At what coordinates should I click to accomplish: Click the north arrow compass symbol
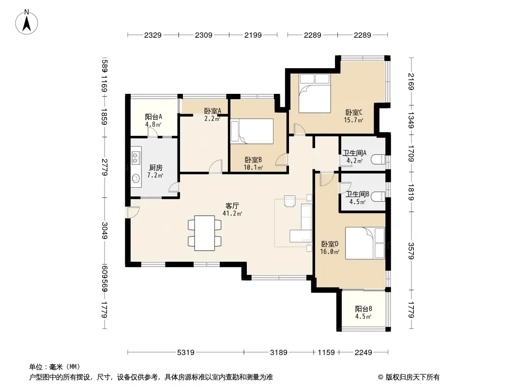27,22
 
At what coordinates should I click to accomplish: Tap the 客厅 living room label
232,206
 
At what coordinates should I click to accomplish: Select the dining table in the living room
205,233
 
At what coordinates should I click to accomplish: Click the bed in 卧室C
314,93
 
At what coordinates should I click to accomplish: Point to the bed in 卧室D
364,243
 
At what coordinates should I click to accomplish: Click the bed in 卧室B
252,131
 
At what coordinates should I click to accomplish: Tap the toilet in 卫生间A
378,160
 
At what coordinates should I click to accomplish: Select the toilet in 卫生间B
378,196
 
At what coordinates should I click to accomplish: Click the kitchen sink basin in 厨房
136,179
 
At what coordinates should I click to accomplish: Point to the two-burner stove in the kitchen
136,158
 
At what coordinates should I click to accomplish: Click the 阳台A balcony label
153,117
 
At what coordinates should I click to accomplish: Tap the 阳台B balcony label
364,309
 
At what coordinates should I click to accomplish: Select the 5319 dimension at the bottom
186,353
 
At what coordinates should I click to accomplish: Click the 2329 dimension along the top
153,35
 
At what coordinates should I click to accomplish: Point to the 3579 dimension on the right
410,251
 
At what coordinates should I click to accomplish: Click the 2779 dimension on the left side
105,167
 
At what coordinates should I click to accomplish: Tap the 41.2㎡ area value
232,214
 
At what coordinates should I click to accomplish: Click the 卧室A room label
212,111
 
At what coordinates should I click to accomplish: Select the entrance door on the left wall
132,212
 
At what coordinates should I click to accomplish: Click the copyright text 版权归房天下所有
412,377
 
